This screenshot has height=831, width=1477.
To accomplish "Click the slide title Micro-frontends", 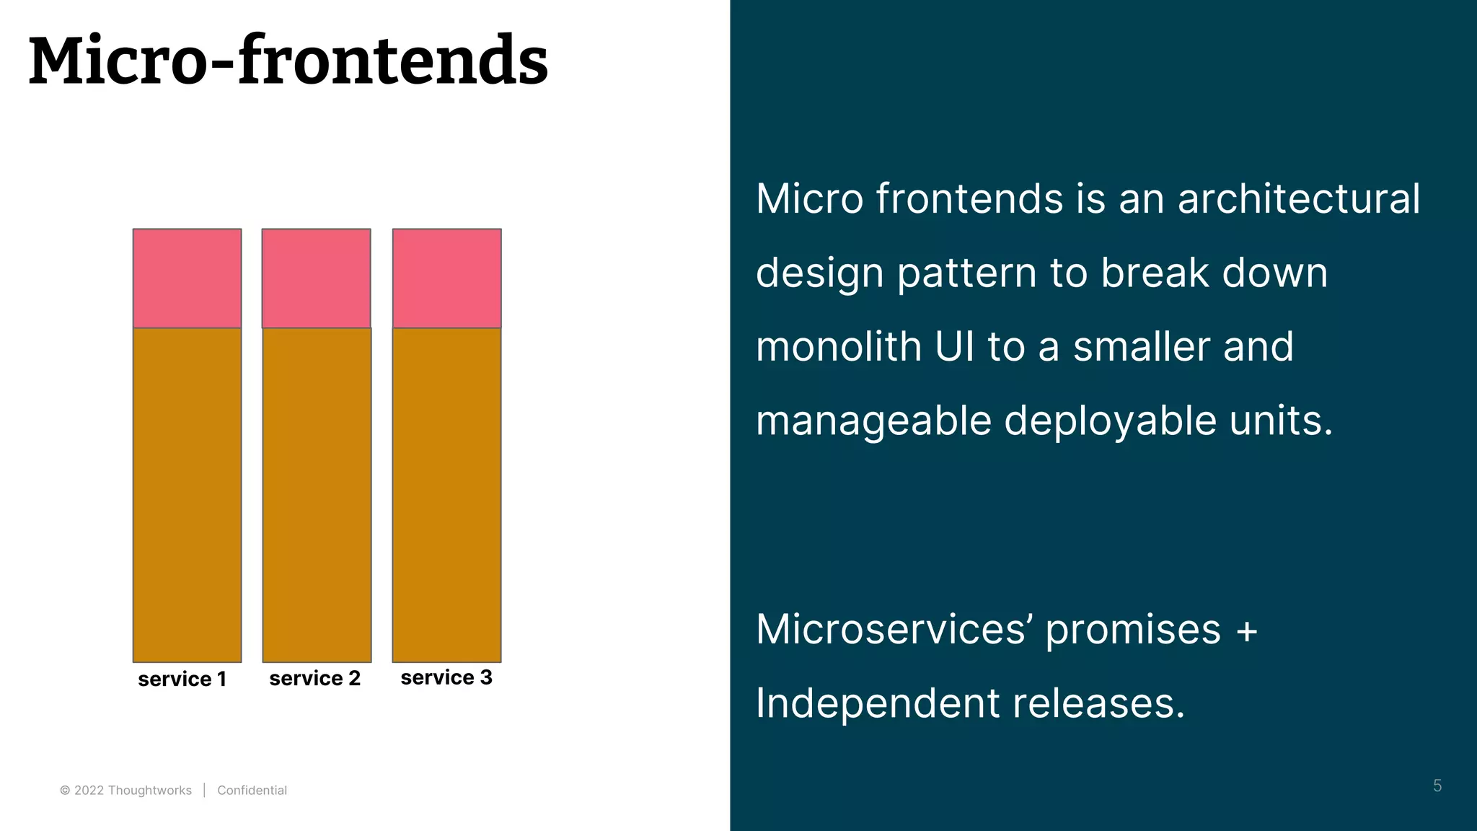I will [288, 61].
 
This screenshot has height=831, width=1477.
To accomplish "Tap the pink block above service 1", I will [187, 278].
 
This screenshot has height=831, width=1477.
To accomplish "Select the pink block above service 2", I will [316, 278].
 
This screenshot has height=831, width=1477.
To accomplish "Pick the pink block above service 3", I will [446, 278].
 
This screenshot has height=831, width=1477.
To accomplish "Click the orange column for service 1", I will [187, 495].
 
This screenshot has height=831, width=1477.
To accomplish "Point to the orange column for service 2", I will [317, 495].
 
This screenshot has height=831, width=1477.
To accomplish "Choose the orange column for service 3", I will [446, 495].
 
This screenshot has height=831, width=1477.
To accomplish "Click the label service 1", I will [182, 679].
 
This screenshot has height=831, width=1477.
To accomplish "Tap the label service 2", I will [314, 678].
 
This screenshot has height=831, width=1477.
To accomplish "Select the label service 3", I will [446, 677].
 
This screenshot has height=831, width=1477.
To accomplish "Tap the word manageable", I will [873, 421].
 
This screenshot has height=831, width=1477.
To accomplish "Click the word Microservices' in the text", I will [894, 629].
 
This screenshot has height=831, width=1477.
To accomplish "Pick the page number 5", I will [1437, 786].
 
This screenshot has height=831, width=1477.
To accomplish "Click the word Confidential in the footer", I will [252, 791].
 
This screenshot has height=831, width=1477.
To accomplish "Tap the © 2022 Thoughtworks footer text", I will [125, 791].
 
